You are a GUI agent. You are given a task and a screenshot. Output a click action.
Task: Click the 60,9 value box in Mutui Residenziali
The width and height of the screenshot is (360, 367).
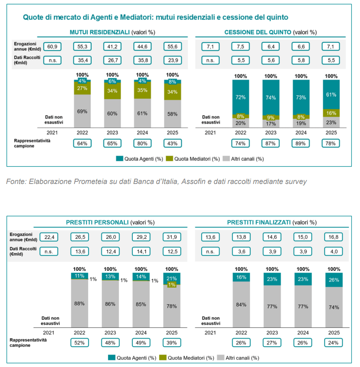click(52, 47)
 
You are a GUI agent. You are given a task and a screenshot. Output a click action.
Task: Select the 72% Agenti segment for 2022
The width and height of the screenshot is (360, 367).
click(241, 96)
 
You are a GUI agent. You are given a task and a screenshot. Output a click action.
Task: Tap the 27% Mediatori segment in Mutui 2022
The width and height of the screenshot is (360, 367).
click(82, 88)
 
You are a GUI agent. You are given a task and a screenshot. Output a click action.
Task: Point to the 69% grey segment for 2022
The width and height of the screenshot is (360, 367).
click(82, 111)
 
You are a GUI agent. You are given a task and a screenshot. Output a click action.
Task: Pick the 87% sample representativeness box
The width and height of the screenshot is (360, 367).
click(270, 143)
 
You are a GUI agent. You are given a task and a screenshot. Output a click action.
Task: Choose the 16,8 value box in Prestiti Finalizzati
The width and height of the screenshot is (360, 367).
click(331, 237)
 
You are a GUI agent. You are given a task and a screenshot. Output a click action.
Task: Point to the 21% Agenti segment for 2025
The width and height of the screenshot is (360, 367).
click(172, 278)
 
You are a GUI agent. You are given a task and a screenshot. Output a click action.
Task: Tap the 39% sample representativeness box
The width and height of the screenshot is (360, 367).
click(172, 342)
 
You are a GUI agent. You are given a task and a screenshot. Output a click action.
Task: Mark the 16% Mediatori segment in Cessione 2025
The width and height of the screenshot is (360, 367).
click(331, 112)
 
